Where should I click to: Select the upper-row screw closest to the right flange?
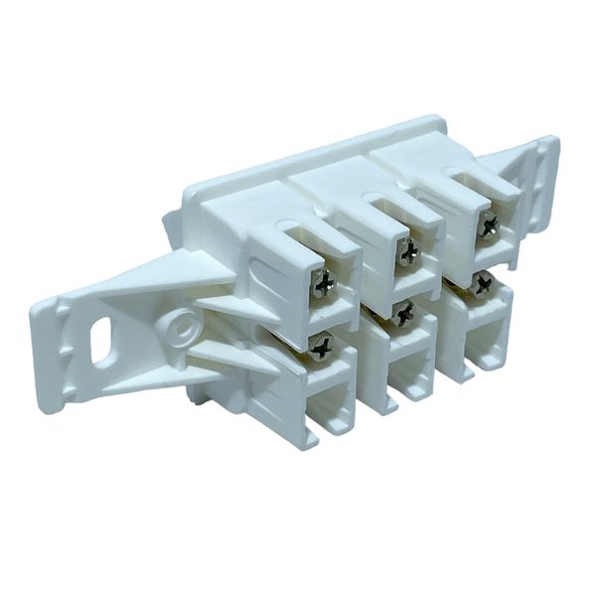(x=488, y=225)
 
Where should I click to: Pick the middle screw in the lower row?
(x=402, y=314)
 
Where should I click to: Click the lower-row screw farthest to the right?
(x=481, y=285)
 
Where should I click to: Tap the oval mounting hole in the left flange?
(x=101, y=345)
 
